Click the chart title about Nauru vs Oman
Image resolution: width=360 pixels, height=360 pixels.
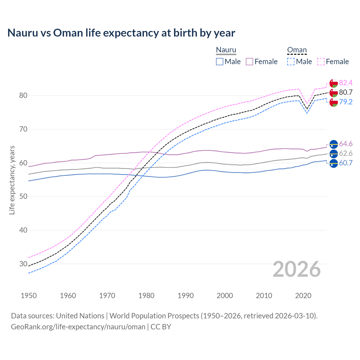(x=121, y=33)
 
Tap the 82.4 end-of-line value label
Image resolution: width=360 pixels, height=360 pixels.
(x=346, y=83)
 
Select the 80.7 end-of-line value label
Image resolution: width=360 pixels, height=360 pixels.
(x=346, y=92)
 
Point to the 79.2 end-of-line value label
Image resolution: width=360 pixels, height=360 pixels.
(x=346, y=102)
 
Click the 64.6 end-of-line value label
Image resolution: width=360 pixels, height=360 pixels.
(x=346, y=144)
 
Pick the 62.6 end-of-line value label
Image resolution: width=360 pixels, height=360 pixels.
(x=346, y=154)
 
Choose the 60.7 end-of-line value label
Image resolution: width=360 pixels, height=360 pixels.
(x=346, y=163)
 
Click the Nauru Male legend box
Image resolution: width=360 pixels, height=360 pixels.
(x=220, y=62)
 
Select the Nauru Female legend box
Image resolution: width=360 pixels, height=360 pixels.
(x=249, y=62)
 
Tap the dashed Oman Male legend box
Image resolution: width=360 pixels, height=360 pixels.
(x=291, y=62)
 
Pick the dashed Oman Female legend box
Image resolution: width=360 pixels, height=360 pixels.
(x=321, y=62)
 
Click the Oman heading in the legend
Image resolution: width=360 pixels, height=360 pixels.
(x=297, y=50)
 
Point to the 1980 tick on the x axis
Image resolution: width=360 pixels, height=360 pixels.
(x=146, y=296)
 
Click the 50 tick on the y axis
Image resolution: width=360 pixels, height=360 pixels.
(x=23, y=197)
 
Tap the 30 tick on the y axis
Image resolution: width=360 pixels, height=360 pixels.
(x=23, y=264)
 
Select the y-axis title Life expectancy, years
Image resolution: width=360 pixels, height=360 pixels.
(x=12, y=180)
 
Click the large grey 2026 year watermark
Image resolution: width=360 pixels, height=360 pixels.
(x=297, y=269)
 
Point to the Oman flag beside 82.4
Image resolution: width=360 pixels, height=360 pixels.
(x=334, y=83)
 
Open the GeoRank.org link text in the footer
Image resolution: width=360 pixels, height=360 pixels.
(x=78, y=327)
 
